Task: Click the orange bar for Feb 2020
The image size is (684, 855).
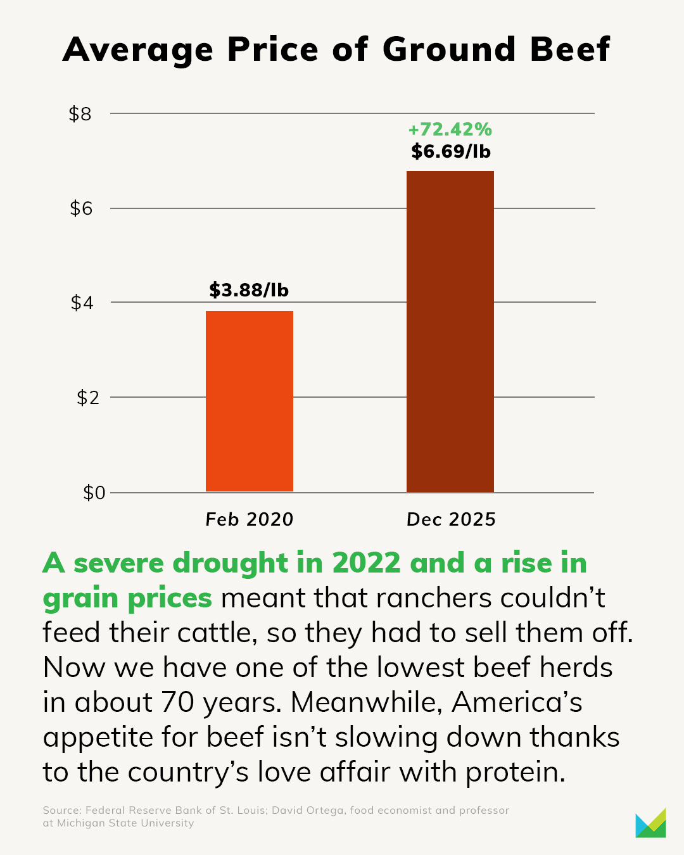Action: (249, 401)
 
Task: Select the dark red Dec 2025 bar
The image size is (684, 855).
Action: (450, 331)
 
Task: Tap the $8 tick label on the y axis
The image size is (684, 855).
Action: (80, 114)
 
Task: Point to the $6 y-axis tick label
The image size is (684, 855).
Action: (81, 208)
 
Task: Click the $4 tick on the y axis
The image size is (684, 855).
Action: (81, 303)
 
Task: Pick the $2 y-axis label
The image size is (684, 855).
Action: (88, 398)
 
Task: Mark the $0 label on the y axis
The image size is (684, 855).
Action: (94, 493)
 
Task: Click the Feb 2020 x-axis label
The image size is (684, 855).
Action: (250, 520)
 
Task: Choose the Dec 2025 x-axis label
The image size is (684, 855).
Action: (451, 520)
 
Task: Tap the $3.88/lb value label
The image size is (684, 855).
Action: (249, 290)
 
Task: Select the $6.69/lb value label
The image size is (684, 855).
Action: (450, 151)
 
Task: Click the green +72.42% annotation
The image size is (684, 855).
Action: (450, 130)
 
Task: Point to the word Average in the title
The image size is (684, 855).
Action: (138, 49)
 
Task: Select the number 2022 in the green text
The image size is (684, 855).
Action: (366, 563)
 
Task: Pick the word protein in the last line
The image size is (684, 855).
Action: (515, 772)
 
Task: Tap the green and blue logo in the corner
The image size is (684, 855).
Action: (650, 823)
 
